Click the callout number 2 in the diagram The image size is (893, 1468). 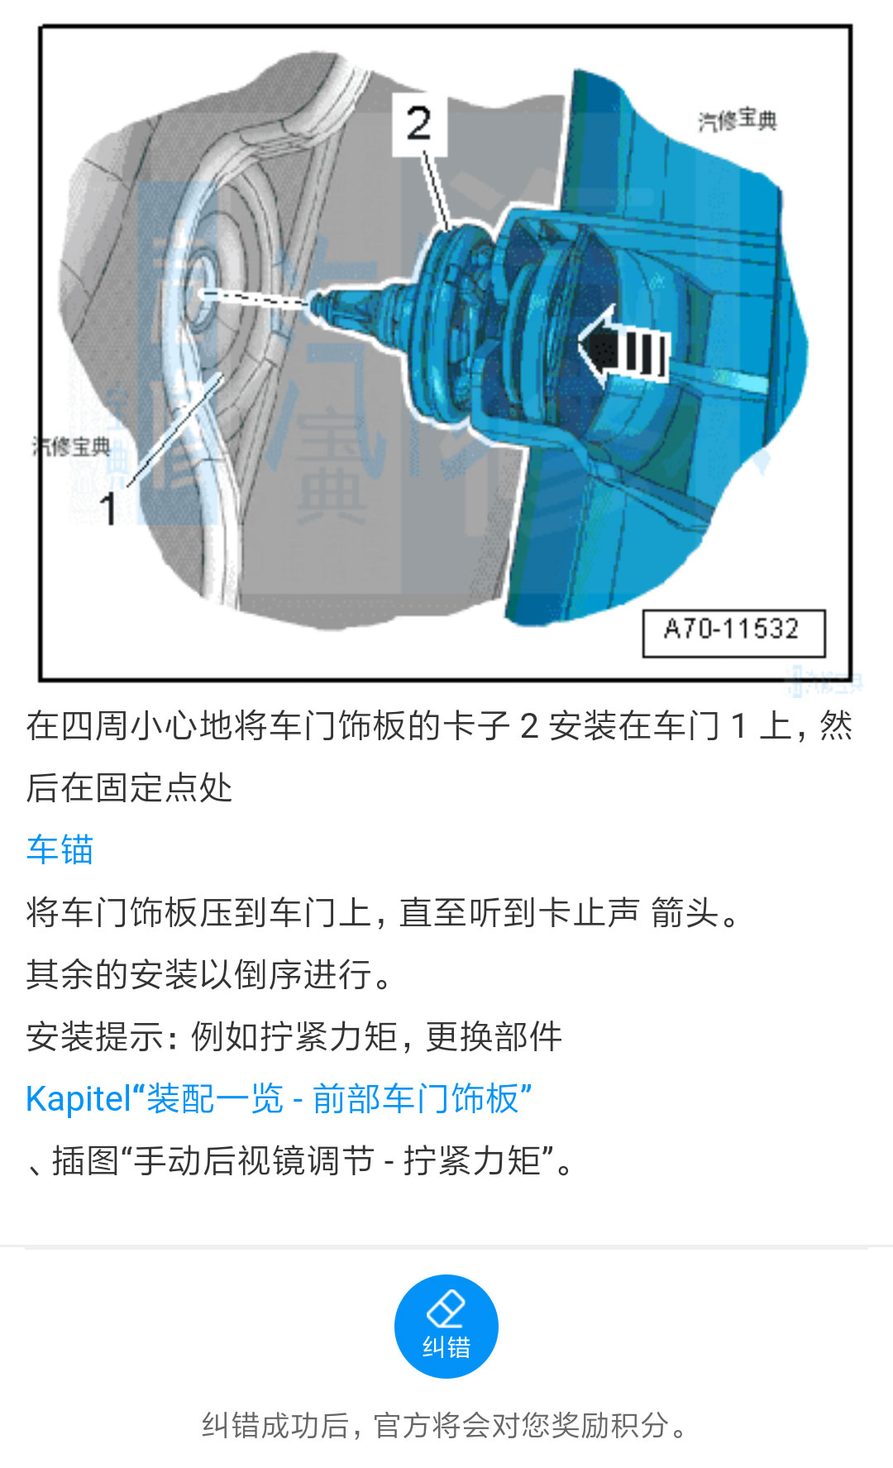tap(418, 123)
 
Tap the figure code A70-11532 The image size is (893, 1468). tap(733, 629)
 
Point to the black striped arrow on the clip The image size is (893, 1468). tap(623, 348)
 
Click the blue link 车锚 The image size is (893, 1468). tap(60, 849)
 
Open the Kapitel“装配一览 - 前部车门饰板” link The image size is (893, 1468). tap(279, 1098)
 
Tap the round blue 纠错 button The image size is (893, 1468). tap(446, 1326)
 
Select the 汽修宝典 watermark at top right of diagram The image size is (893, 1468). tap(737, 120)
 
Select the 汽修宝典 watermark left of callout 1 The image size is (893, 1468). tap(71, 447)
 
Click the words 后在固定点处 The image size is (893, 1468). tap(129, 787)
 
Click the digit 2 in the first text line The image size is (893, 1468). tap(529, 726)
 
